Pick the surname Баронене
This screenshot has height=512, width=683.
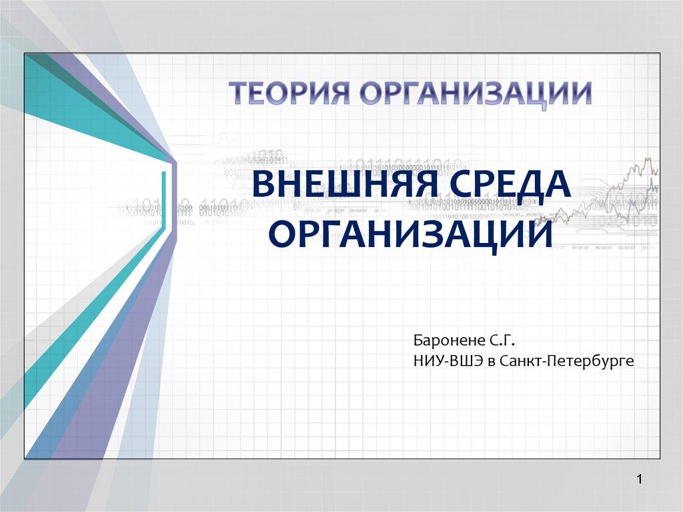pyautogui.click(x=449, y=340)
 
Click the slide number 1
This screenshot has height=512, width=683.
pyautogui.click(x=640, y=480)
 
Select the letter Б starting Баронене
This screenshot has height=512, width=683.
pyautogui.click(x=418, y=341)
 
